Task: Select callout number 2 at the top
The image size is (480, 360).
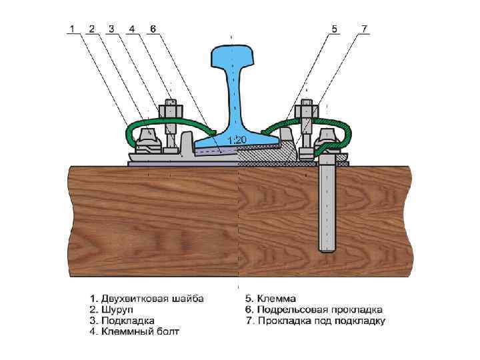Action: pos(91,29)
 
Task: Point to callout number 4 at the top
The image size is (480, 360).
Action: pos(132,29)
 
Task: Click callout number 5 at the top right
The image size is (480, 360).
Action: pos(335,29)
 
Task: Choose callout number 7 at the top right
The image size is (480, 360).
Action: pos(364,29)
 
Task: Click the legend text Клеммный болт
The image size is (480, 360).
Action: pos(141,331)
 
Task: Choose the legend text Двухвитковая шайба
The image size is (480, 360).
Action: pos(152,298)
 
